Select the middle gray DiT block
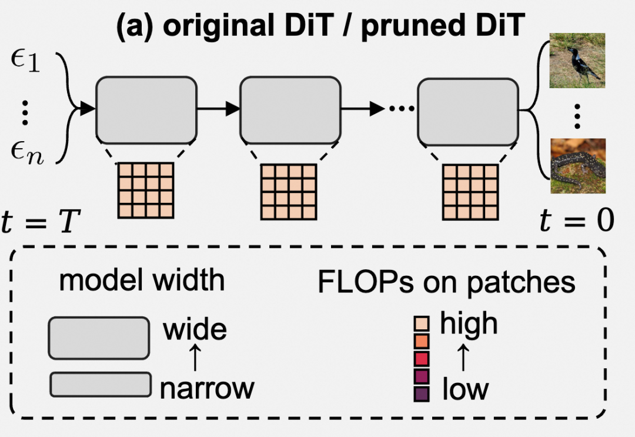[x=290, y=110]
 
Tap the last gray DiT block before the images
[x=468, y=110]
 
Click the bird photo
[x=577, y=61]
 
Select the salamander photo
[x=577, y=166]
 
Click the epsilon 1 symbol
[x=25, y=61]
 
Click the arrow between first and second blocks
[x=218, y=109]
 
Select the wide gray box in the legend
[x=98, y=338]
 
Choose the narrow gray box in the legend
[x=101, y=384]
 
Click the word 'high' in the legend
[x=469, y=323]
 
